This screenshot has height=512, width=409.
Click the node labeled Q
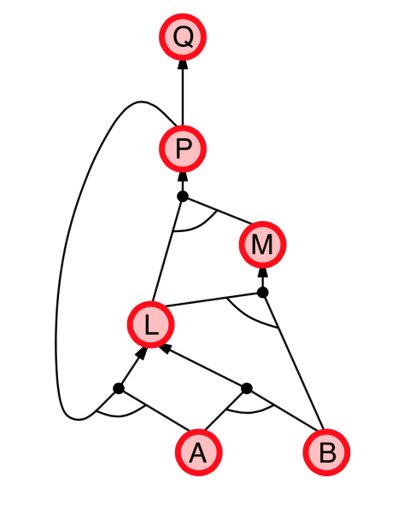click(183, 37)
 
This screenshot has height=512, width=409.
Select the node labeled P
click(183, 148)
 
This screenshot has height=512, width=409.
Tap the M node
click(263, 245)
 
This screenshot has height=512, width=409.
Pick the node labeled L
click(150, 324)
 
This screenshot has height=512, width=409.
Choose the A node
click(199, 452)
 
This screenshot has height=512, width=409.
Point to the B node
click(327, 452)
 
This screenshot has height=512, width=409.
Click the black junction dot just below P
click(183, 196)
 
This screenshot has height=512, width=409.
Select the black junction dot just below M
click(263, 292)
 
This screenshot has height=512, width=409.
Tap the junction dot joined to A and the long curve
click(119, 388)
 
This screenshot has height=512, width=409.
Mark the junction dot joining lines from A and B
click(247, 388)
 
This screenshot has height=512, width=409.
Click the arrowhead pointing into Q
click(183, 65)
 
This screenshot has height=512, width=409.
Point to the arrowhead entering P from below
click(183, 177)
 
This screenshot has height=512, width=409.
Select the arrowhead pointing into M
click(263, 273)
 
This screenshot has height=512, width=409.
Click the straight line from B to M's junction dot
click(293, 361)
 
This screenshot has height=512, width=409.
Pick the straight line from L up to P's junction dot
click(167, 250)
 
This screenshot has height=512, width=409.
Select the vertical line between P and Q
click(183, 97)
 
